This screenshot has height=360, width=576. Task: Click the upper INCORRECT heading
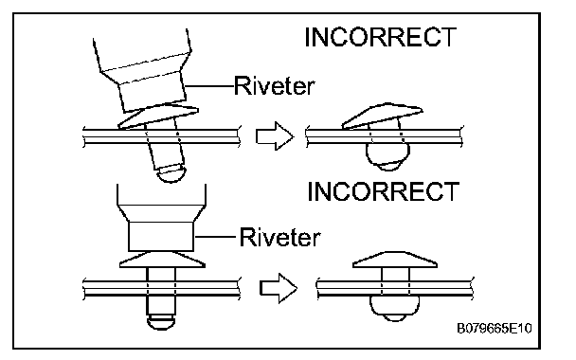[381, 37]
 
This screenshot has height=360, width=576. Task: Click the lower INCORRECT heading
[383, 191]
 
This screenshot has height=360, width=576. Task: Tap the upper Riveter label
[275, 85]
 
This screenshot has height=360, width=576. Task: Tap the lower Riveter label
[279, 237]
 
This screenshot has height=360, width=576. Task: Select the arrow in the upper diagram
[275, 135]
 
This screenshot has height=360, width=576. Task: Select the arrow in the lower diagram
[279, 288]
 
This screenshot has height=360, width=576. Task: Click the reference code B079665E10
[495, 328]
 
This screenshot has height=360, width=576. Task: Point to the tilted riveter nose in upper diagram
[153, 91]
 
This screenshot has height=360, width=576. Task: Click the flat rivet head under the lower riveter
[162, 260]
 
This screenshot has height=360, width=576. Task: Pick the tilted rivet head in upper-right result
[383, 116]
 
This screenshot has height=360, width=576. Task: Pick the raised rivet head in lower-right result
[395, 260]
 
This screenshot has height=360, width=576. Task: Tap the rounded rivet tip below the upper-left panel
[171, 173]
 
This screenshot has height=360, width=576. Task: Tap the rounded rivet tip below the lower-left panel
[161, 322]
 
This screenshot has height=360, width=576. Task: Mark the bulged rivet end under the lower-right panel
[394, 309]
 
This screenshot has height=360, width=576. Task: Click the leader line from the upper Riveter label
[209, 86]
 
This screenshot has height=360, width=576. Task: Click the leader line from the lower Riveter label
[214, 237]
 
